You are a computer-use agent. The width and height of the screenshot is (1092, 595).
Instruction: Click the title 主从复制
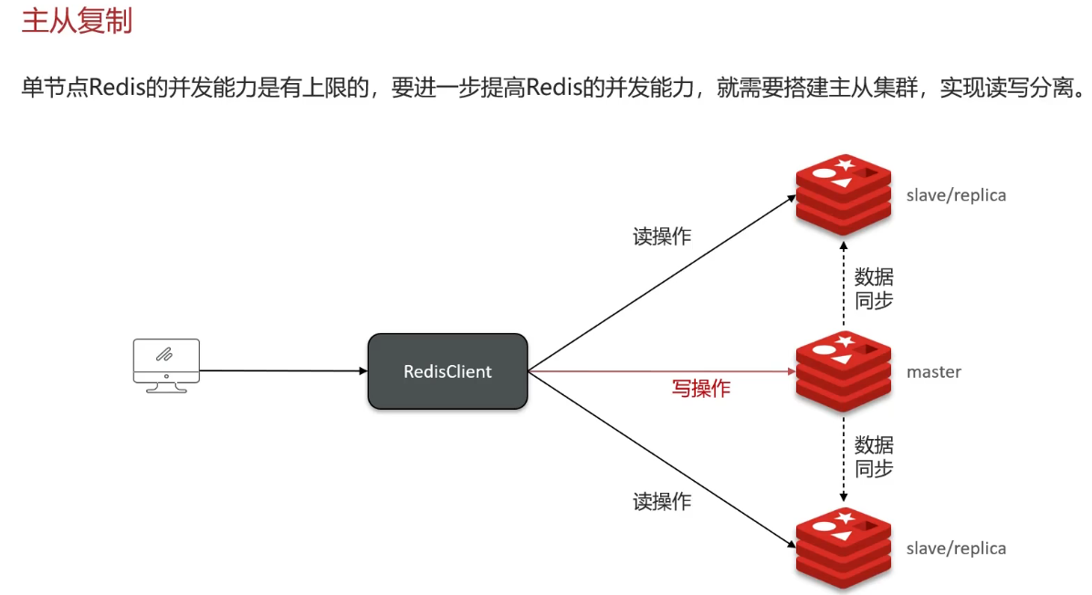click(77, 20)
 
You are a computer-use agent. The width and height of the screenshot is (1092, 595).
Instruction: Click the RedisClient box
click(447, 371)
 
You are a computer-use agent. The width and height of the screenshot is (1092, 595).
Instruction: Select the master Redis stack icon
click(843, 371)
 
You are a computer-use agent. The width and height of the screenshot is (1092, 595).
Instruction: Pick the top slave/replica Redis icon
click(843, 195)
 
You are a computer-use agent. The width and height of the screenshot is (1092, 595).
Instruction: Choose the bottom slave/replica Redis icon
click(843, 548)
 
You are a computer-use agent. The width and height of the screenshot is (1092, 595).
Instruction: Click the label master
click(933, 372)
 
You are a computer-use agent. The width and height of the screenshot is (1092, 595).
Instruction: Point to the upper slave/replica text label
click(955, 195)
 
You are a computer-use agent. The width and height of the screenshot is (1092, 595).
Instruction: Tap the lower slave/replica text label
click(955, 548)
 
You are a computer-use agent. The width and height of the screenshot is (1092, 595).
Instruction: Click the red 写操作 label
click(701, 389)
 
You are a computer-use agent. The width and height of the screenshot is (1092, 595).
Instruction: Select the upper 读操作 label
click(662, 236)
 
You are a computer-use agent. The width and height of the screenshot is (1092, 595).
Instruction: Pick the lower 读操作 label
click(662, 501)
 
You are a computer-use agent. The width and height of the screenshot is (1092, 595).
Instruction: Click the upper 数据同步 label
click(874, 287)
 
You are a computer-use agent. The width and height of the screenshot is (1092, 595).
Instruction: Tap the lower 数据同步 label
click(874, 457)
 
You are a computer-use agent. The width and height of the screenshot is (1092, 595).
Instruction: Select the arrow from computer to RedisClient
click(283, 371)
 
